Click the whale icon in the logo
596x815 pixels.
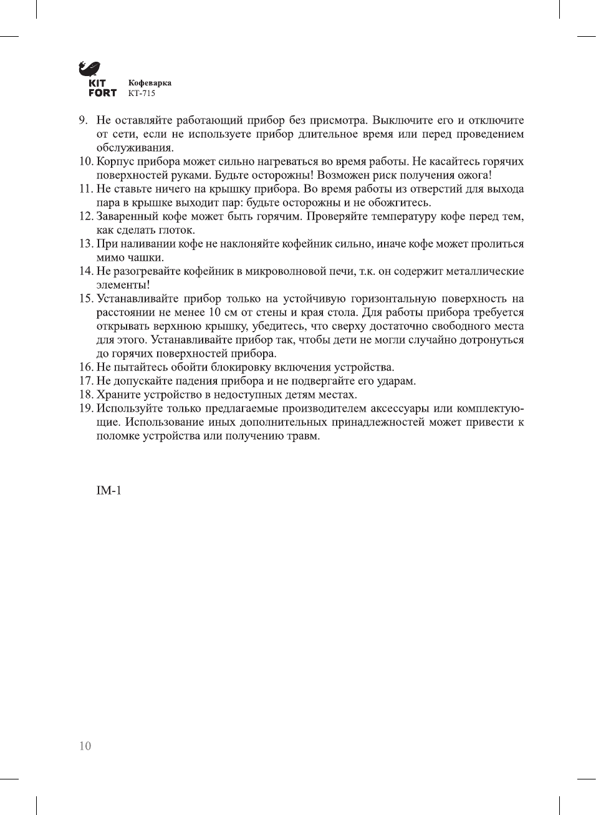tap(89, 69)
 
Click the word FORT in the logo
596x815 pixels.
tap(102, 93)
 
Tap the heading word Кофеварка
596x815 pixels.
tap(150, 83)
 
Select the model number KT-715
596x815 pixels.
tap(142, 94)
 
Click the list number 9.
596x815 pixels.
tap(82, 120)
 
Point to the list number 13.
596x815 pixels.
tap(85, 244)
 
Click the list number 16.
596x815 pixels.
tap(85, 367)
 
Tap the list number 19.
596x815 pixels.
tap(85, 408)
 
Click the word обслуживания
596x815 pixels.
tap(135, 148)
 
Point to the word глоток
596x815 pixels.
tap(177, 230)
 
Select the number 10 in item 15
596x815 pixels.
tap(214, 312)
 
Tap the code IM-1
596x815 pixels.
tap(108, 491)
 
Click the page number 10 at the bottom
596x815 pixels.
tap(85, 746)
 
